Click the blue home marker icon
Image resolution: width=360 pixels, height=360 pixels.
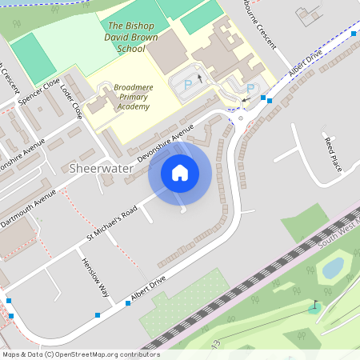tap(180, 172)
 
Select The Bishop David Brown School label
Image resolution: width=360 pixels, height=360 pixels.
tap(126, 37)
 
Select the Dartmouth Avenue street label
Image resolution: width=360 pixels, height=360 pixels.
tap(27, 209)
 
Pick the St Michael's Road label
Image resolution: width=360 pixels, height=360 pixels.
tap(112, 224)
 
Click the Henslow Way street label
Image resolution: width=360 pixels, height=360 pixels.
tap(94, 277)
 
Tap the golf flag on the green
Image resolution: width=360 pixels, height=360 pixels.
tap(314, 306)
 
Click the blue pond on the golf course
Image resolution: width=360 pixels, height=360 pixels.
tap(332, 266)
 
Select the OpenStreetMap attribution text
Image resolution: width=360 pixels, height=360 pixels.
tap(80, 354)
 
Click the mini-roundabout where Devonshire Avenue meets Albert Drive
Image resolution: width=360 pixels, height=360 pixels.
tap(241, 118)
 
